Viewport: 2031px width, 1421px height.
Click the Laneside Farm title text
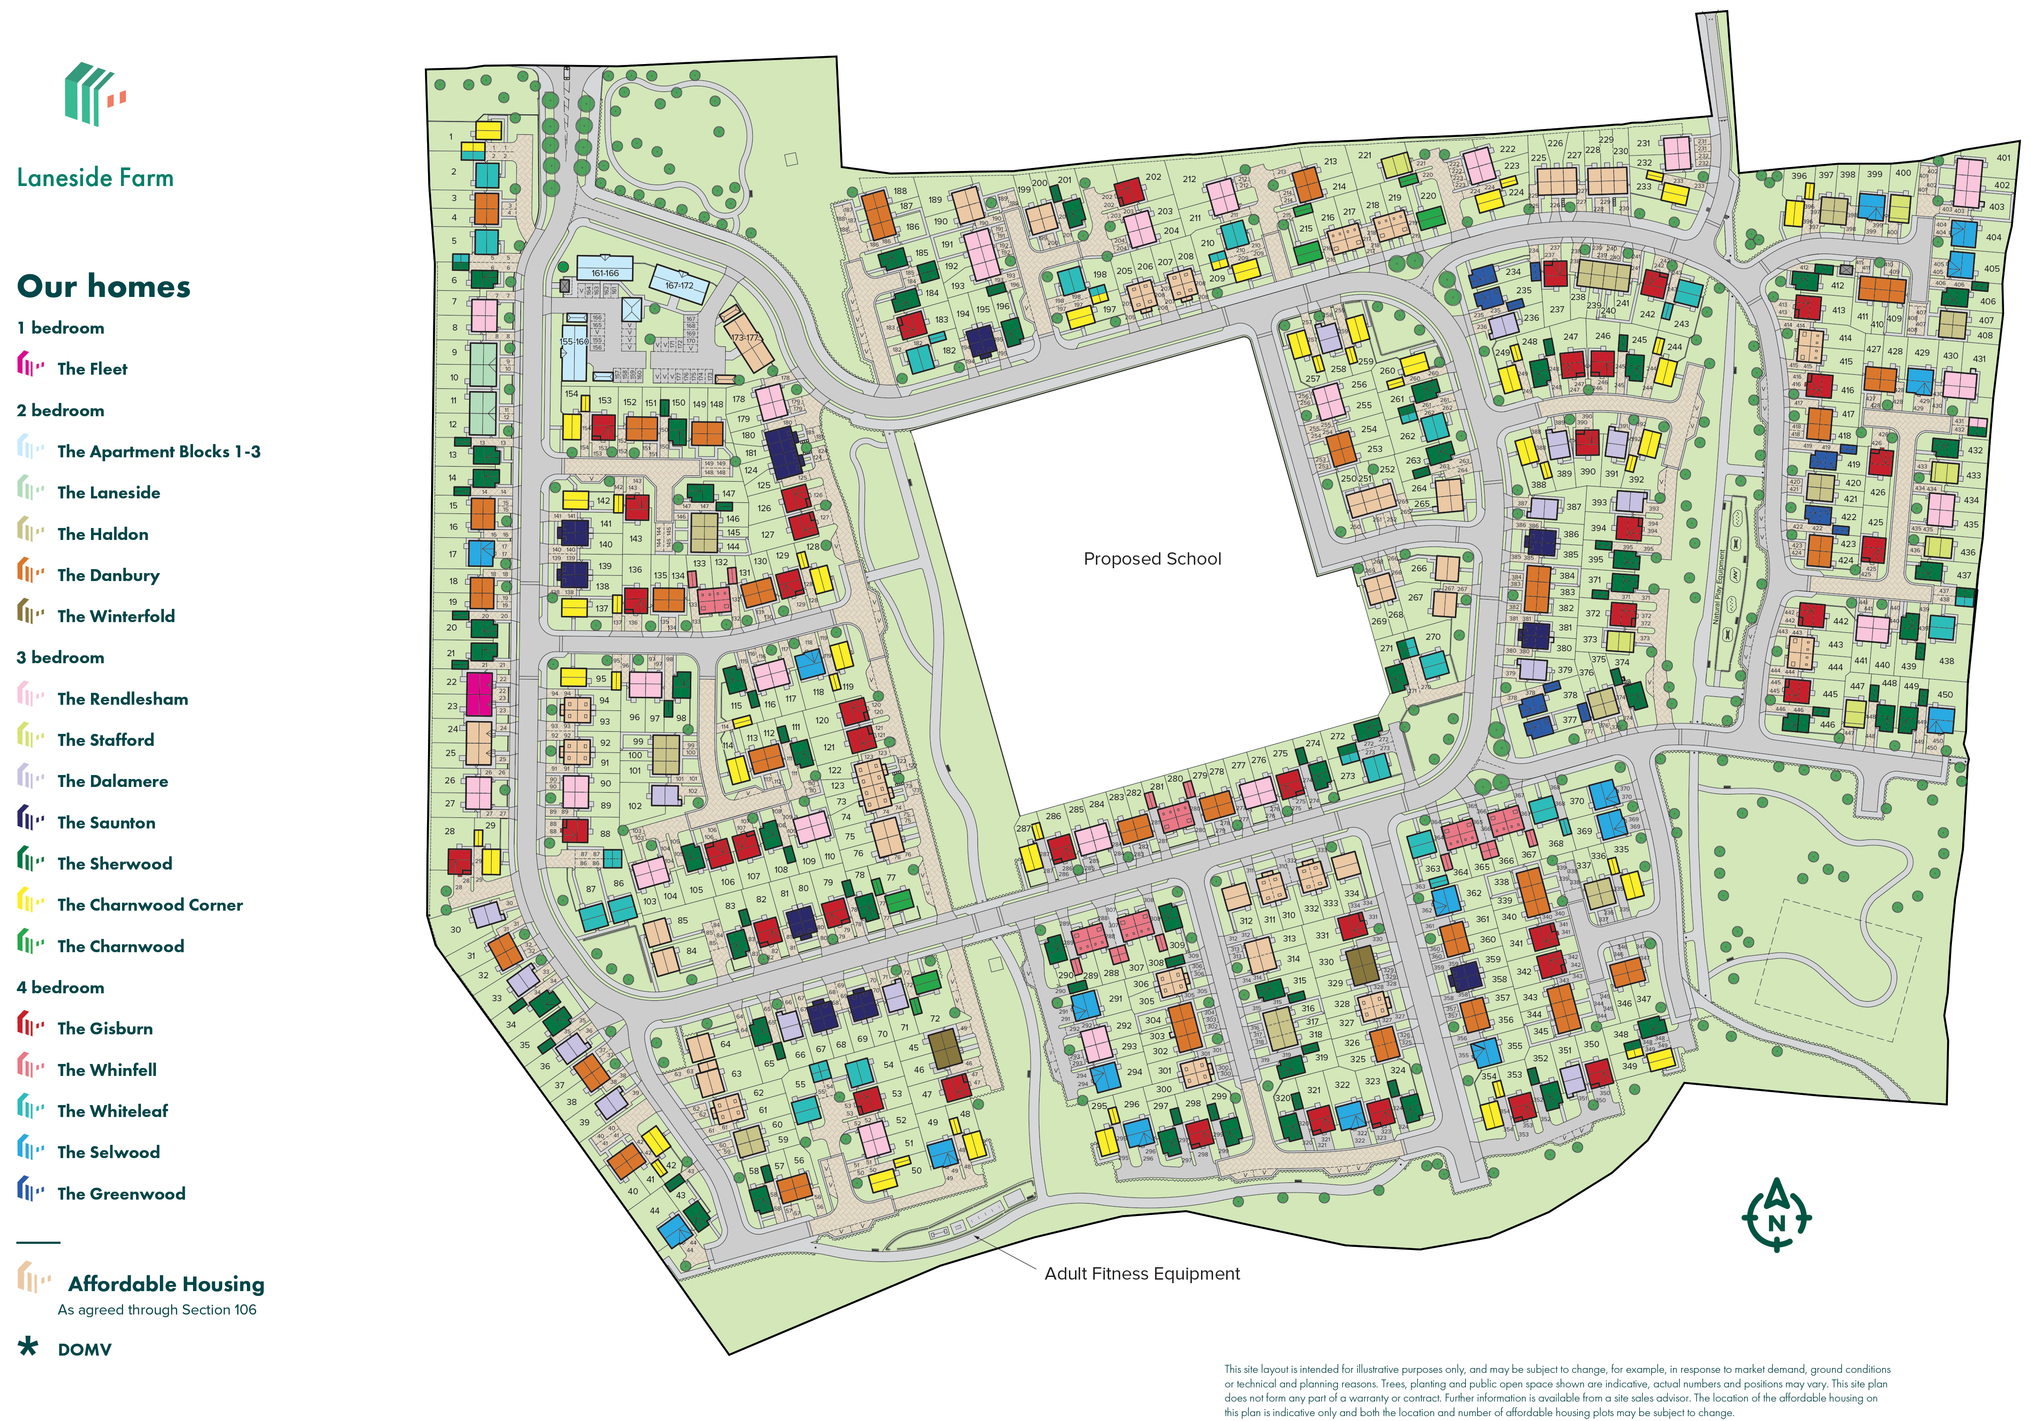tap(95, 178)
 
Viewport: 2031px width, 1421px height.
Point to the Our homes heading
tap(103, 287)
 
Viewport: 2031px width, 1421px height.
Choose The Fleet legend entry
tap(92, 369)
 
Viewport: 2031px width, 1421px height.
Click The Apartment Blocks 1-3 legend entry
tap(158, 451)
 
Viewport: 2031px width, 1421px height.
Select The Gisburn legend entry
tap(104, 1028)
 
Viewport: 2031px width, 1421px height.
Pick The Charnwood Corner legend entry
tap(149, 904)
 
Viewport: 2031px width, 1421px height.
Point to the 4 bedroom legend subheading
tap(60, 988)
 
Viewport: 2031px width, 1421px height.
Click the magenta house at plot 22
tap(478, 694)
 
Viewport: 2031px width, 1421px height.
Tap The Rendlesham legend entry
tap(122, 699)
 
